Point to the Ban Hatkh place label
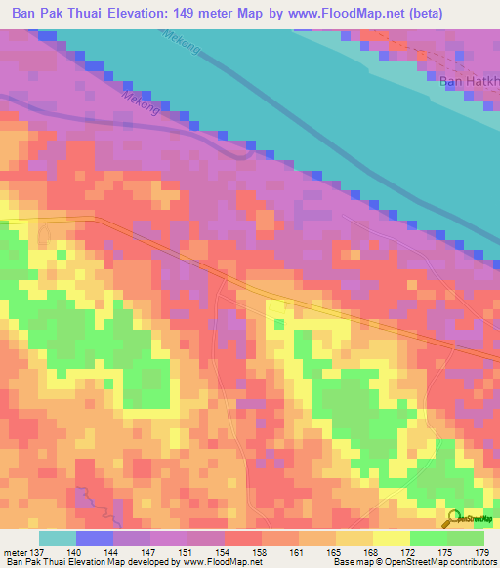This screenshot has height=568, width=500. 468,80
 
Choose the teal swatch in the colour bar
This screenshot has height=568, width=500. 57,538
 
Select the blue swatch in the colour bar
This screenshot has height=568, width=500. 94,538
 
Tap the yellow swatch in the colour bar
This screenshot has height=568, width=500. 392,538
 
